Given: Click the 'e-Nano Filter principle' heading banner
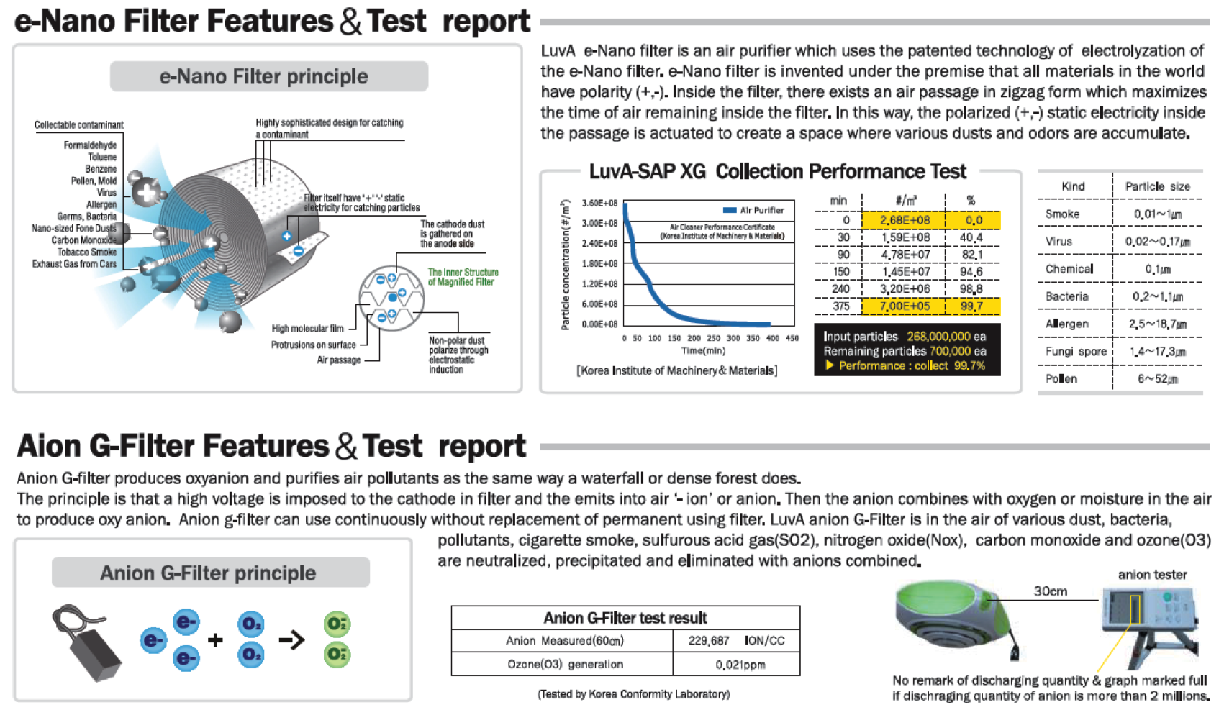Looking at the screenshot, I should point(268,76).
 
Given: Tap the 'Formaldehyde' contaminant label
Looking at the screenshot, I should point(90,145).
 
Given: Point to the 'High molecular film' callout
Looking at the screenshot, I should point(307,329).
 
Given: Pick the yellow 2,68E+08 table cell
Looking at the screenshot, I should point(904,220).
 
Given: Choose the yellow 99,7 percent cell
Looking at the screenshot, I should point(971,306).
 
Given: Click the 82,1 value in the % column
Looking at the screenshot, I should point(971,255).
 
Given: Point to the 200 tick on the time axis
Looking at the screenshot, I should point(694,338).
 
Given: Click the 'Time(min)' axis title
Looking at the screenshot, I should point(703,351).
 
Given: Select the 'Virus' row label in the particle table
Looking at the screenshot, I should point(1058,241).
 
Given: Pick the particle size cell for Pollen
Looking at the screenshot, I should point(1157,379).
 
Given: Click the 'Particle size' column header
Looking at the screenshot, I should point(1157,186).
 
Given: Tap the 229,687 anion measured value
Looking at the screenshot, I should point(708,640).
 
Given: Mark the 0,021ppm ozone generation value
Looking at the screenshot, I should point(740,665).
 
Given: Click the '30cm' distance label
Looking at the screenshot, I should point(1050,591).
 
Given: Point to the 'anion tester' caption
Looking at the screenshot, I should point(1152,574).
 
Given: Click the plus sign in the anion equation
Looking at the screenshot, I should point(215,639).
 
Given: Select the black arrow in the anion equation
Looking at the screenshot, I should point(291,639).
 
